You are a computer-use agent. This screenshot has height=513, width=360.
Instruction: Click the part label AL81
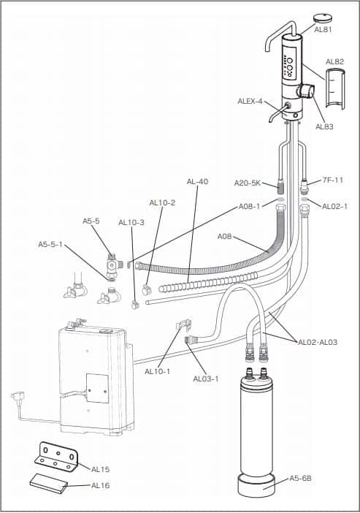coord(323,30)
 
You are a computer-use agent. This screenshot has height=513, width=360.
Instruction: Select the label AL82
coord(335,61)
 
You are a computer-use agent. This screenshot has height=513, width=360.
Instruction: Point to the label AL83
coord(324,126)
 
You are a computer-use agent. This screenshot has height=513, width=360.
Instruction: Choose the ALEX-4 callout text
coord(250,101)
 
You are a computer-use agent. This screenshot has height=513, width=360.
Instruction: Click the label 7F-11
coord(332,179)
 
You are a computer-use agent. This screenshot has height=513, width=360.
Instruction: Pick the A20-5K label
coord(247,183)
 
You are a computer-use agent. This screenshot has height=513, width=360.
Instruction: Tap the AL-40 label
coord(197,181)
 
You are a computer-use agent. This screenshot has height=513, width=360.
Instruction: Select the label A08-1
coord(250,206)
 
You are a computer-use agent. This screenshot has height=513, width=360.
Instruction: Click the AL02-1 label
coord(334,206)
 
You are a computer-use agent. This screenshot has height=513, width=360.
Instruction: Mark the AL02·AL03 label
coord(318,341)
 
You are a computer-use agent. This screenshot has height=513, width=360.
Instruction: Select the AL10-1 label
coord(157,371)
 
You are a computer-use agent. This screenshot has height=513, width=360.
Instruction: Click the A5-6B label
coord(302,478)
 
